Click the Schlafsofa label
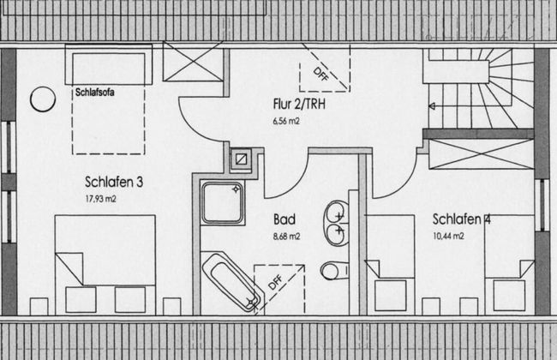click(x=95, y=93)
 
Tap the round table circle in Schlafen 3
click(x=43, y=99)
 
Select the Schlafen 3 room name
click(x=114, y=182)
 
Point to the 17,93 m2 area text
click(x=100, y=199)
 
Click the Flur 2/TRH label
click(x=299, y=104)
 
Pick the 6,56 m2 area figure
click(x=286, y=121)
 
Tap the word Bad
click(x=284, y=219)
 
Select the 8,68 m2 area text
click(x=287, y=237)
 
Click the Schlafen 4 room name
click(x=461, y=219)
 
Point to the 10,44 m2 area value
click(x=448, y=236)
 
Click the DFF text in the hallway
click(x=321, y=75)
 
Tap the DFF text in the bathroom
click(x=275, y=282)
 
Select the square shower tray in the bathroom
click(x=223, y=202)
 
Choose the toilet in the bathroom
click(x=334, y=271)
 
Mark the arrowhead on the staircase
click(x=432, y=106)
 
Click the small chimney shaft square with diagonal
click(x=241, y=159)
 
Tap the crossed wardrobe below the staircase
click(x=482, y=154)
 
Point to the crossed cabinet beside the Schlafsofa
click(x=193, y=62)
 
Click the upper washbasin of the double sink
click(x=337, y=213)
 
